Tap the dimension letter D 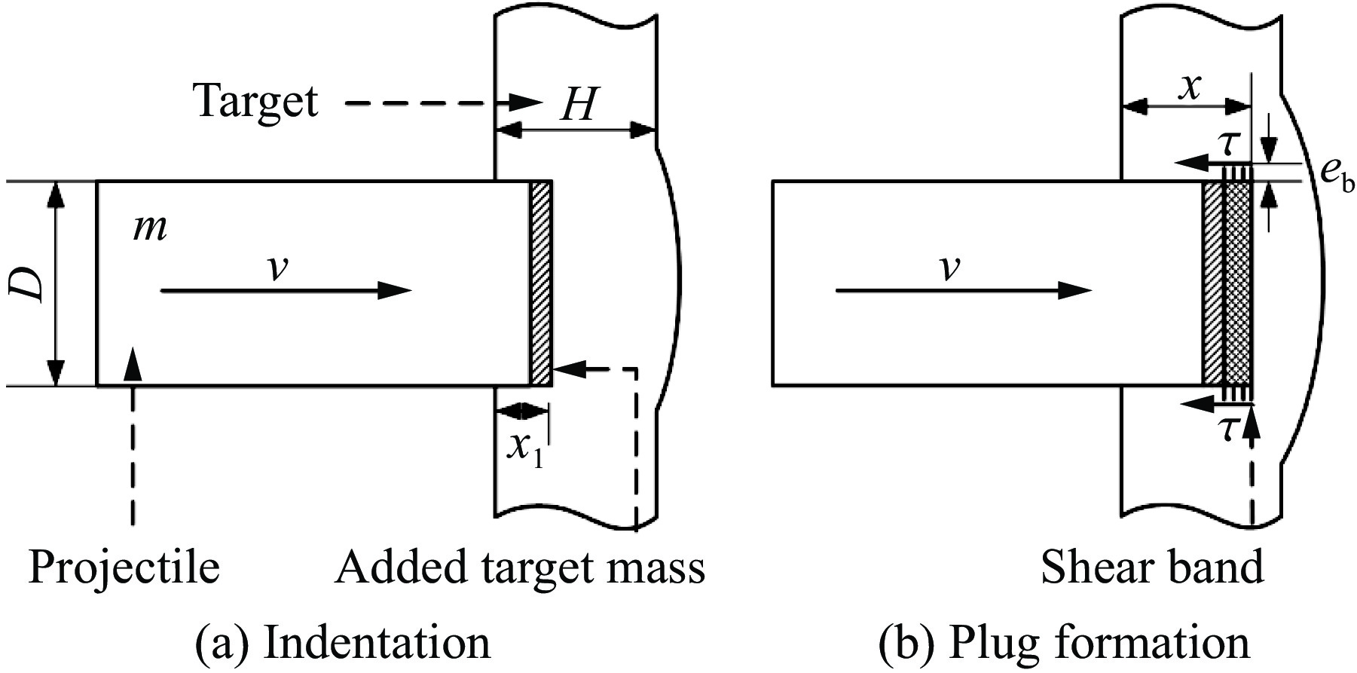coord(31,283)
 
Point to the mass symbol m coord(150,228)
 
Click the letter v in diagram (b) coord(950,268)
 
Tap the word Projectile coord(124,567)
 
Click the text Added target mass coord(520,567)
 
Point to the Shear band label coord(1152,567)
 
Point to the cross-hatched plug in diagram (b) coord(1238,283)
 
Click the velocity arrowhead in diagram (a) coord(396,290)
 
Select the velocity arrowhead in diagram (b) coord(1074,290)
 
